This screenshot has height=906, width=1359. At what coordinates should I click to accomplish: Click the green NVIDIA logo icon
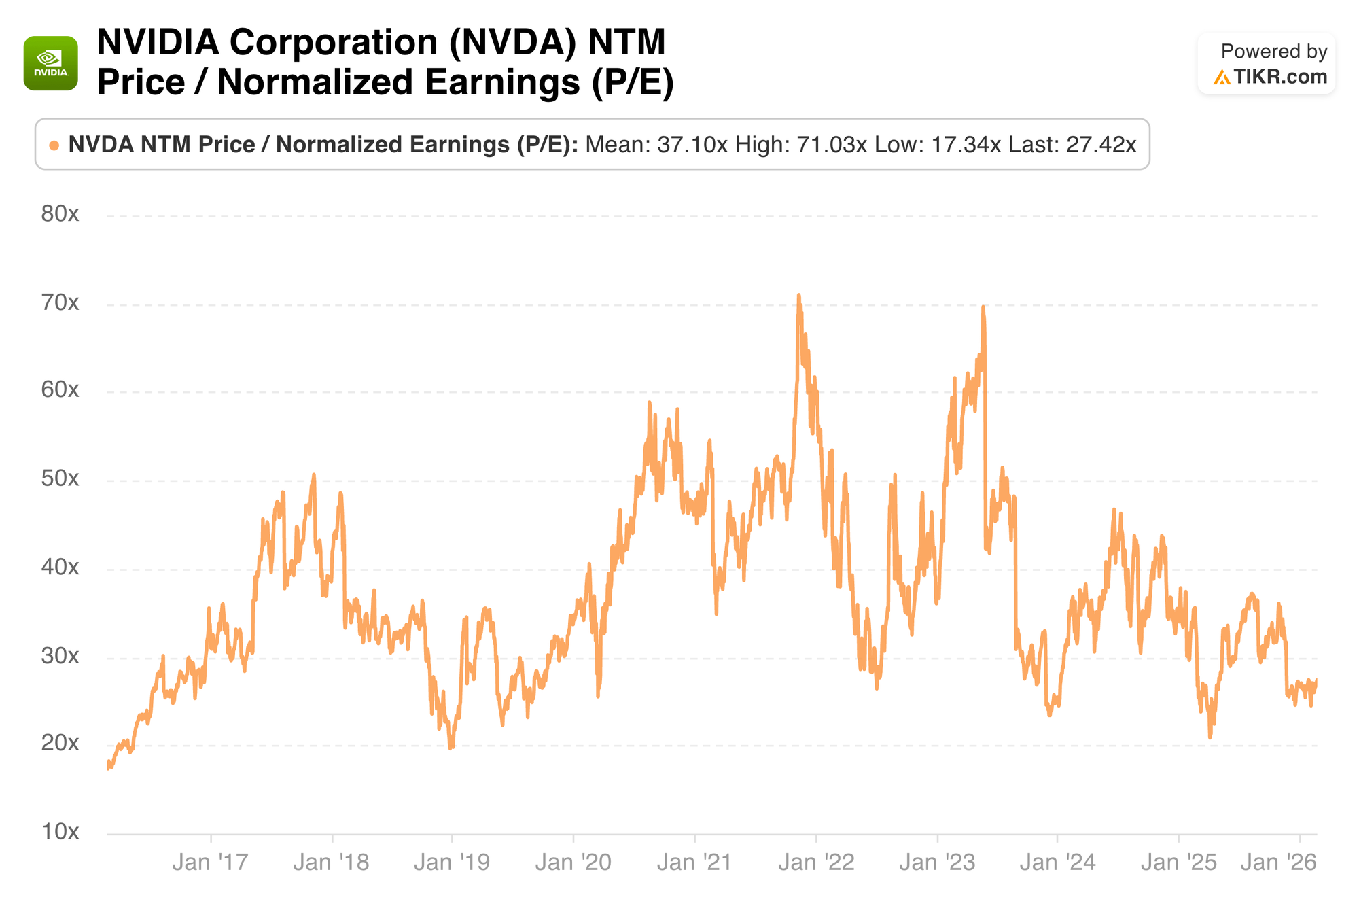tap(51, 63)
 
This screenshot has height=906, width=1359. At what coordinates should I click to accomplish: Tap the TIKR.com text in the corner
tap(1279, 77)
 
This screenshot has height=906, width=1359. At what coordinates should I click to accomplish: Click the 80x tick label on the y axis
tap(60, 214)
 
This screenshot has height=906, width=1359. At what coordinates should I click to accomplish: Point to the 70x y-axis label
tap(60, 302)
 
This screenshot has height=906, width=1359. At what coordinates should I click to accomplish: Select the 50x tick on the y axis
tap(60, 478)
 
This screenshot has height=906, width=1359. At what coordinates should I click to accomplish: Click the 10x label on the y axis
tap(60, 831)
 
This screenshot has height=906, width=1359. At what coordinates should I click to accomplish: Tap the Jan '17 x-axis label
tap(211, 863)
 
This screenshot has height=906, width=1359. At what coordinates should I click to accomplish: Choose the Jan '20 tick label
tap(573, 863)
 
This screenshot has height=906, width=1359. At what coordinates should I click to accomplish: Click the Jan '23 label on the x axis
tap(937, 863)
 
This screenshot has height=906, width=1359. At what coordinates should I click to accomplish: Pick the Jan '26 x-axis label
tap(1279, 863)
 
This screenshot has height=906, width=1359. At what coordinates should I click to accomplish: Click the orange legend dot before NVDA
tap(54, 145)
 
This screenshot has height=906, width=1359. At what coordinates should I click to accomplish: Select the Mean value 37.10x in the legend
tap(692, 145)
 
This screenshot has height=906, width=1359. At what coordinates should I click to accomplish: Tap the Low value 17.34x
tap(966, 145)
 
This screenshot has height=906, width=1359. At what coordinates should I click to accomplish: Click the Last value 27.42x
tap(1101, 145)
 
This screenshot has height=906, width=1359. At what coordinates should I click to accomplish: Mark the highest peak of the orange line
tap(799, 296)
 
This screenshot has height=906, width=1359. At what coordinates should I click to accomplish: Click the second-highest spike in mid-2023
tap(983, 307)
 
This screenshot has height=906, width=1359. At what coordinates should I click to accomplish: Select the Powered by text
tap(1274, 52)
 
